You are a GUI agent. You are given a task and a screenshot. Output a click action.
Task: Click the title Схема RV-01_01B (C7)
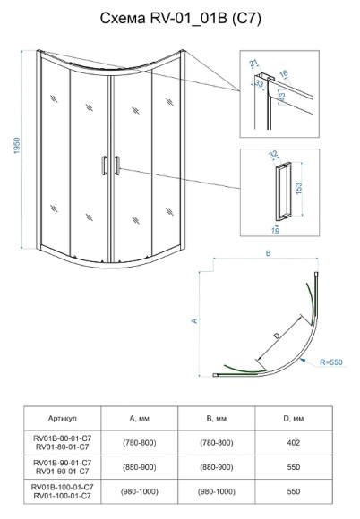(181, 19)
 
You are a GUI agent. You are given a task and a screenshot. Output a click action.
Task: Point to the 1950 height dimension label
(17, 145)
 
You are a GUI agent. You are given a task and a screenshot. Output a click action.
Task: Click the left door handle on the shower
(104, 166)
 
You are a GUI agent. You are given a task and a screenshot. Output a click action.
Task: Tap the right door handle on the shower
(117, 166)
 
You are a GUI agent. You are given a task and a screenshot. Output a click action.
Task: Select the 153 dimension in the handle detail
(298, 189)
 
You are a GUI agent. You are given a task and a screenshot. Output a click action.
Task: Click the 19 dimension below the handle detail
(275, 231)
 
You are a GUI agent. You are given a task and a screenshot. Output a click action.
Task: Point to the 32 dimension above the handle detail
(273, 154)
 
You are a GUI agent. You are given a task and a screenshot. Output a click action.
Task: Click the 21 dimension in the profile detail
(253, 63)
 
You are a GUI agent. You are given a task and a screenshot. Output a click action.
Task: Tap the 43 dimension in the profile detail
(282, 98)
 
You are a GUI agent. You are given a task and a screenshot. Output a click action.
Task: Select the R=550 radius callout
(331, 362)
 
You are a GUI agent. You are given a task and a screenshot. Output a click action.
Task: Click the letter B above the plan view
(269, 253)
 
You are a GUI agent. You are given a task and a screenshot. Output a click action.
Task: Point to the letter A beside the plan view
(194, 320)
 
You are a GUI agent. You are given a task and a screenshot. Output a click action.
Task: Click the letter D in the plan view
(277, 336)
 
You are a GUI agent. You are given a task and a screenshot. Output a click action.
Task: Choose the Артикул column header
(63, 419)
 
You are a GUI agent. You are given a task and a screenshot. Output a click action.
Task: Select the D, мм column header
(294, 419)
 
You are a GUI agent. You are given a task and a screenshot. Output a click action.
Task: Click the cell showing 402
(294, 443)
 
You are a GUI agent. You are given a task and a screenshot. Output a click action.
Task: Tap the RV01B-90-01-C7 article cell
(63, 463)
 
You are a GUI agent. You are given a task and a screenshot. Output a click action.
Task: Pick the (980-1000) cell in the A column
(140, 491)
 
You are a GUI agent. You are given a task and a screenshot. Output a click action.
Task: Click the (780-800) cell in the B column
(217, 443)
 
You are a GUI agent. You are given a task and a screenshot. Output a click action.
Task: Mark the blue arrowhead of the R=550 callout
(302, 360)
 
